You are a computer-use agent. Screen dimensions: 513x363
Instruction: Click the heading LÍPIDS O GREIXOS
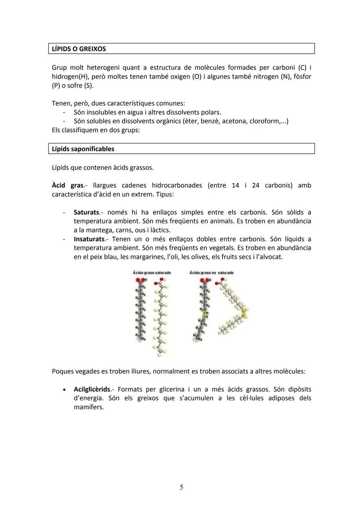(79, 49)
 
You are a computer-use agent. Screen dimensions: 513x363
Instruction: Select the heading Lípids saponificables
(83, 149)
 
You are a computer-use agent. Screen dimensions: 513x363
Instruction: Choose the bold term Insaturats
(89, 239)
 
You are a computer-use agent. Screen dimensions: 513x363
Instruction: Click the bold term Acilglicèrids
(92, 389)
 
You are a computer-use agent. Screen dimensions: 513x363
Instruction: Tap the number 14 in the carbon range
(236, 185)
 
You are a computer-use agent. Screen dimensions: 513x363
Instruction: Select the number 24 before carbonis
(255, 185)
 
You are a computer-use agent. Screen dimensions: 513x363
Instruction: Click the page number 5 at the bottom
(182, 487)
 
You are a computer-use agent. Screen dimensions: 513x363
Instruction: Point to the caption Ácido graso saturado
(152, 273)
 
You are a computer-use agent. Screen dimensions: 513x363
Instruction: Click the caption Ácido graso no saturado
(211, 273)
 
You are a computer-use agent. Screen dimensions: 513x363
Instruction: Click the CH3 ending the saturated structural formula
(142, 339)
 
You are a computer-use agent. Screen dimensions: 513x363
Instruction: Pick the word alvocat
(270, 257)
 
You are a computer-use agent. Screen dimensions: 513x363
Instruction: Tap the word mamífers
(89, 407)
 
